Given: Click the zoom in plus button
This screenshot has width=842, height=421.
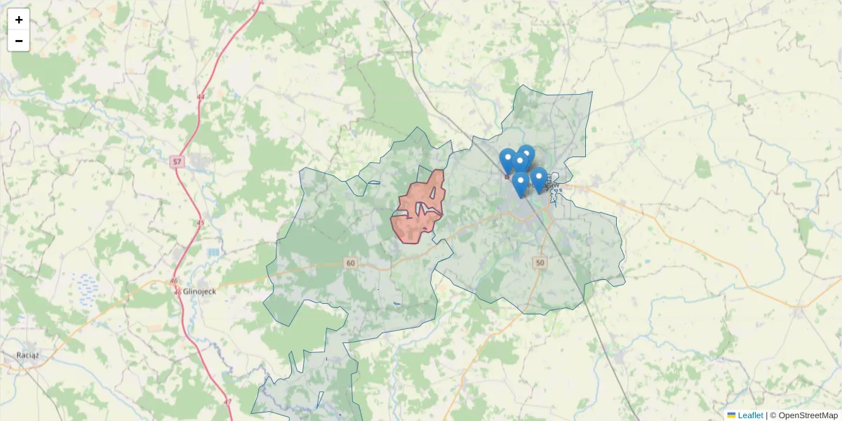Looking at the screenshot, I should pos(19,20).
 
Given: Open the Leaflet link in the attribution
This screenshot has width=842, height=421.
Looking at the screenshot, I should pos(750,415).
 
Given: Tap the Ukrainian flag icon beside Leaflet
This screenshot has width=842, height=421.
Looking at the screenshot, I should pos(731,415).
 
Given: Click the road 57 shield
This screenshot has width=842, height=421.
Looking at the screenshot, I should pos(176,162).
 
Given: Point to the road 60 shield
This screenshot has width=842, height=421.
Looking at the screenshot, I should pos(351,262).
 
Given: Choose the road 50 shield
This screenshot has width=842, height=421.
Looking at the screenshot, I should pos(539,262).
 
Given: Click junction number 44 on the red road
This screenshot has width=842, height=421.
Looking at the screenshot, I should pos(201,97).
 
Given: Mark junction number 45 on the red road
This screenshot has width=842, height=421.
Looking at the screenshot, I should pos(201,223).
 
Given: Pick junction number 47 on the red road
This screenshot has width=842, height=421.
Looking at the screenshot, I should pos(227,402).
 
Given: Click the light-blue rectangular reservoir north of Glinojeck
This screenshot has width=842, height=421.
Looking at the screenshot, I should pos(213,251).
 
